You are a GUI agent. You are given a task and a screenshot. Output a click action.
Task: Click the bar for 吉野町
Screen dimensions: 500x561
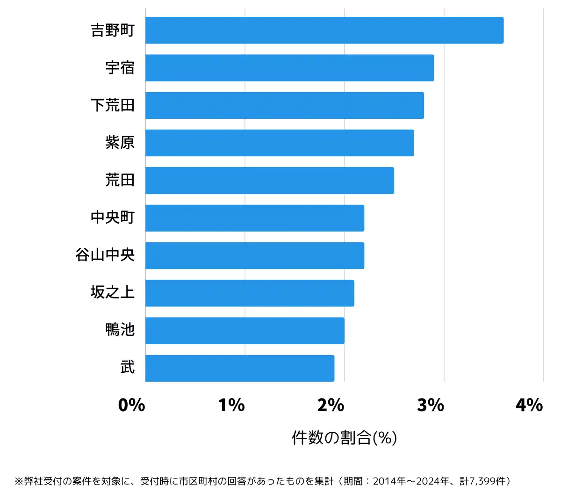click(324, 30)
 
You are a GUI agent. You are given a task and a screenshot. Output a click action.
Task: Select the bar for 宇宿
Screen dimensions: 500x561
click(289, 68)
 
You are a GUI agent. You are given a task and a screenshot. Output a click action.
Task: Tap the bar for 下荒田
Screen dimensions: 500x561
click(284, 105)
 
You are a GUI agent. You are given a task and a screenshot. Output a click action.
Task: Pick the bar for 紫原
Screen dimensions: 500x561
click(280, 143)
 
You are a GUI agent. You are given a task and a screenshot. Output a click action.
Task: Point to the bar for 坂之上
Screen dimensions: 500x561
click(250, 293)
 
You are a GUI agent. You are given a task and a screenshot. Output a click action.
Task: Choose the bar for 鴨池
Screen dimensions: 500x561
click(245, 331)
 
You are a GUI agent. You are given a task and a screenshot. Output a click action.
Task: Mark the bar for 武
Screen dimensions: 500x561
click(240, 368)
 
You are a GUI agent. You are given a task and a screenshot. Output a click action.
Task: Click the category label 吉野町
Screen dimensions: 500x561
click(113, 30)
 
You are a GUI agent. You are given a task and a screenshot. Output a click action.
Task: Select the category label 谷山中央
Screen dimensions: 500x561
click(105, 255)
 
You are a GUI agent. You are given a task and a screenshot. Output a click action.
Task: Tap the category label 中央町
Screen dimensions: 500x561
click(113, 217)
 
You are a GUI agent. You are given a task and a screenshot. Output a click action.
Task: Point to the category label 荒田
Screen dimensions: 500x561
click(120, 180)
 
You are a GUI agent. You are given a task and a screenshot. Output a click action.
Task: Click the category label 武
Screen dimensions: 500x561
click(128, 368)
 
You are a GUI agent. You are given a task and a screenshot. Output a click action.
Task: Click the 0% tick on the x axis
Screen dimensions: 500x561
click(132, 405)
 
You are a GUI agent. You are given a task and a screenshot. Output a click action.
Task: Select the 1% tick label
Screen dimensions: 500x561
click(231, 405)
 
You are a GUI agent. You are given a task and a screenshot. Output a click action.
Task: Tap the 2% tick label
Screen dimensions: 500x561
click(331, 405)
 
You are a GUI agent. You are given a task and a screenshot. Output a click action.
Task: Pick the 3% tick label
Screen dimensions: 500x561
click(431, 405)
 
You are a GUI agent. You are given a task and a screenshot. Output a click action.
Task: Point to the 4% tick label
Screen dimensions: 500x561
click(529, 405)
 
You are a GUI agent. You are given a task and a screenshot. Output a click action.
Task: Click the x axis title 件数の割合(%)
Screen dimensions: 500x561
click(345, 438)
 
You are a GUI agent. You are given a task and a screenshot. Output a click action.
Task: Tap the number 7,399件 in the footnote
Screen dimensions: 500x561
click(488, 481)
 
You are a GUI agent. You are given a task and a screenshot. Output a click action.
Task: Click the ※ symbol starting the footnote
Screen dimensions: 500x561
click(19, 481)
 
